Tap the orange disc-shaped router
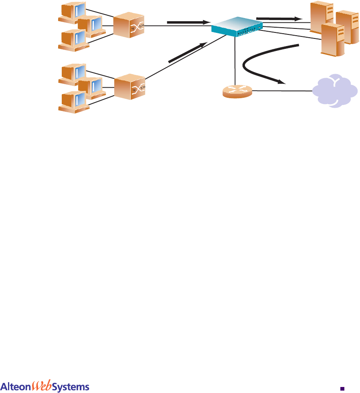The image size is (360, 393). (x=237, y=91)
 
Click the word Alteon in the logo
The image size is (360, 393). (x=16, y=387)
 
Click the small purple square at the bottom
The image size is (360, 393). (x=342, y=388)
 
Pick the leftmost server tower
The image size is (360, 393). (x=321, y=18)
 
